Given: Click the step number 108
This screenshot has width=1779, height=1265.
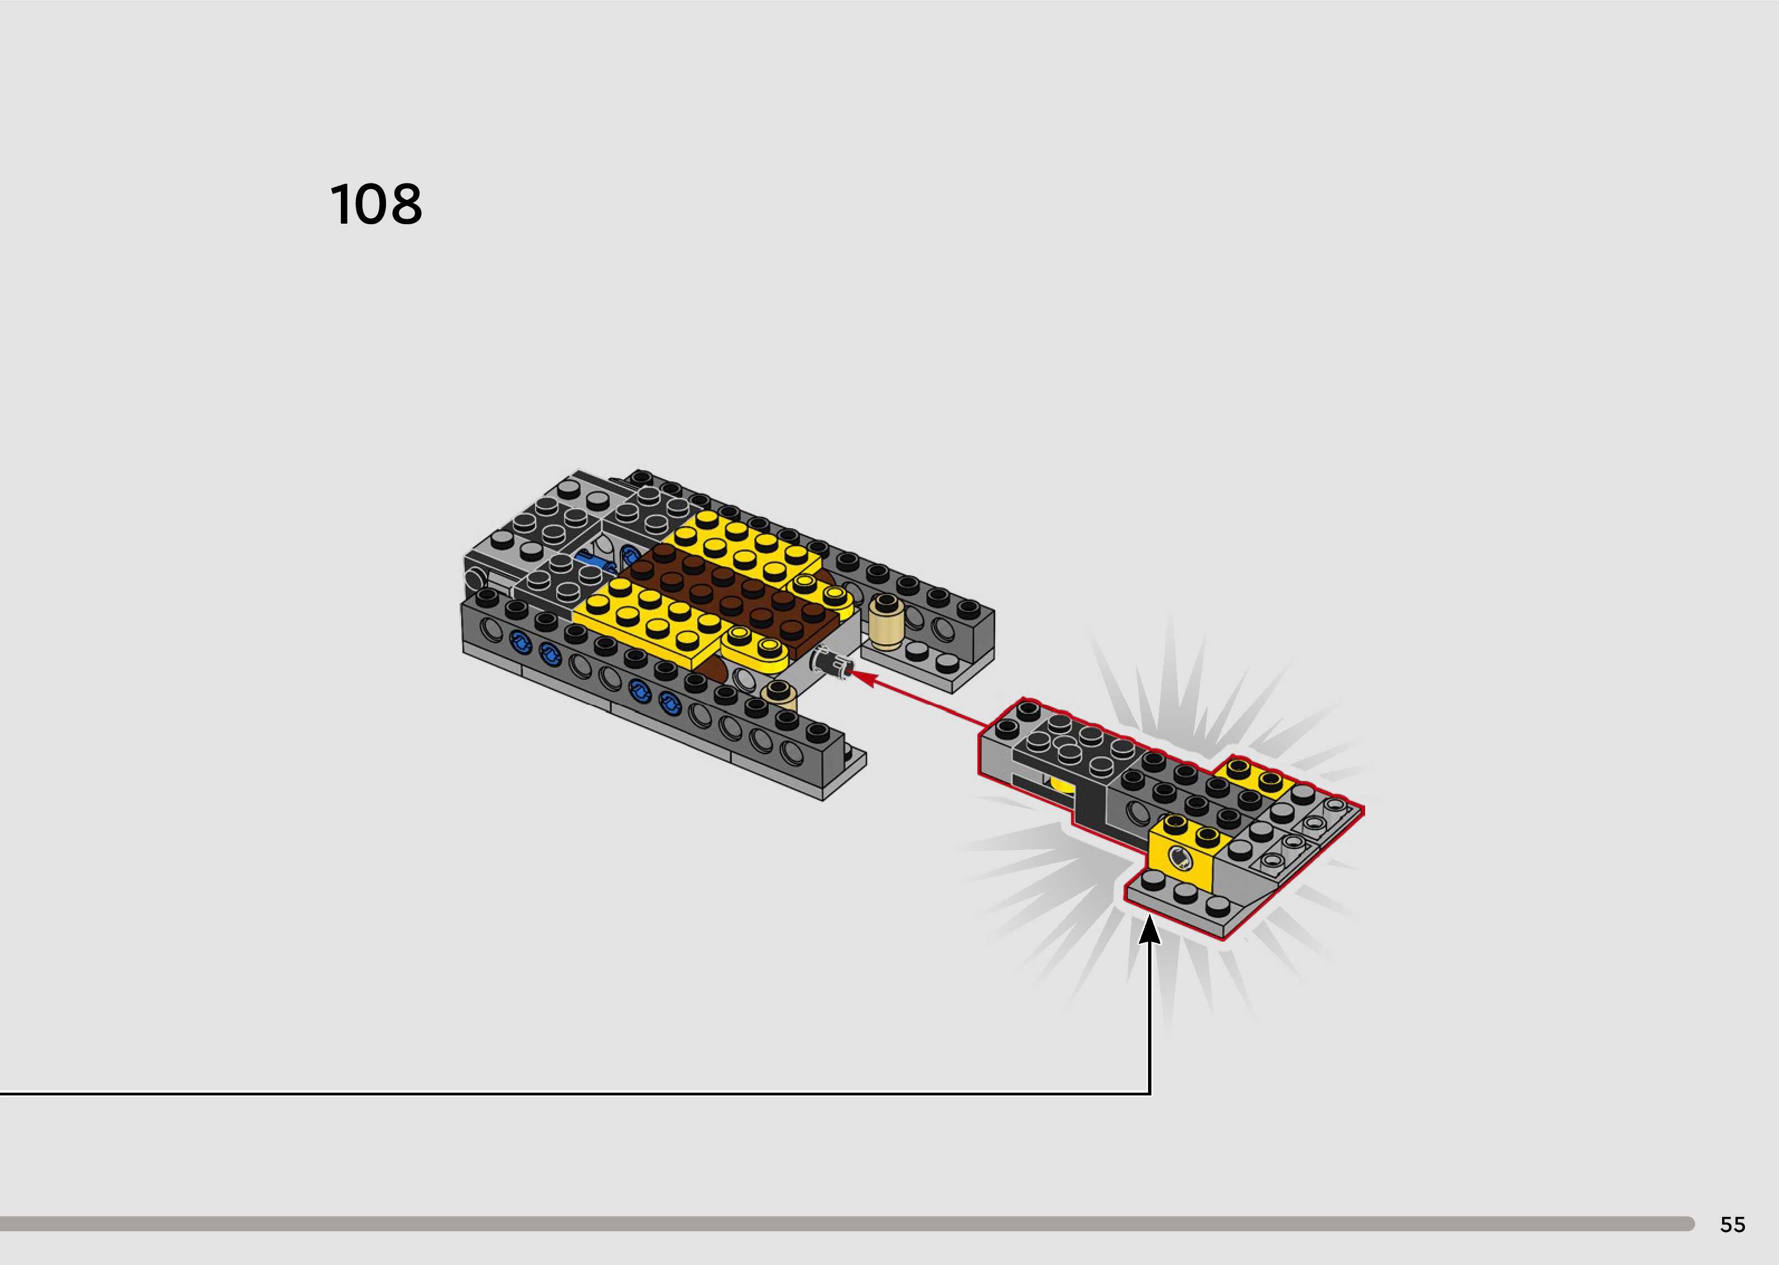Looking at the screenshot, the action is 376,205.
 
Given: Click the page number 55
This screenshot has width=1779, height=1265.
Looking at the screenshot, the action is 1732,1224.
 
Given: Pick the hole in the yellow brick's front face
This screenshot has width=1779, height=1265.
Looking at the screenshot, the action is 1180,858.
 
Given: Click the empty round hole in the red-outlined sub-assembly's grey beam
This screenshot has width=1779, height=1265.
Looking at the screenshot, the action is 1138,813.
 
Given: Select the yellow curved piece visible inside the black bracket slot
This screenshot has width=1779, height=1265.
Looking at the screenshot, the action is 1061,784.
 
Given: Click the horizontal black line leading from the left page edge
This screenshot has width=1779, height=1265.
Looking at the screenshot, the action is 545,1094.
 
